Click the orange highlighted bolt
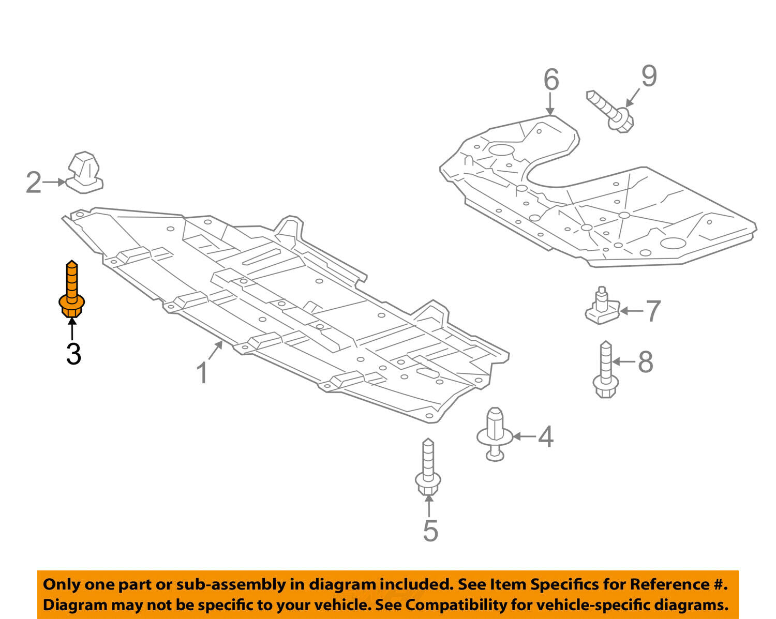point(72,290)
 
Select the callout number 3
point(73,354)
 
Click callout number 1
point(202,373)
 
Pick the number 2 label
point(34,183)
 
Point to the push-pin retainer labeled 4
point(495,433)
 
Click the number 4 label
point(545,437)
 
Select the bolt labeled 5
point(428,468)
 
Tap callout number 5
point(430,531)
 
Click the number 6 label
point(551,80)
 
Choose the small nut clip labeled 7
point(602,308)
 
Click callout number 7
point(653,311)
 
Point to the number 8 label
point(645,362)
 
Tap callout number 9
point(649,76)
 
